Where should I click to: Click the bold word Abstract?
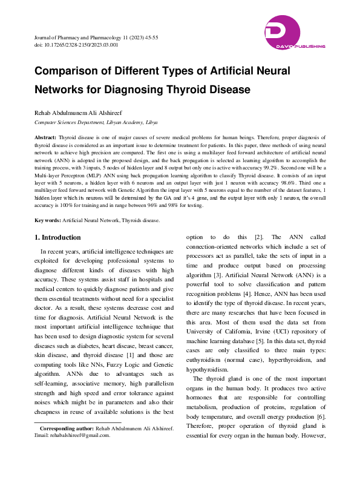pyautogui.click(x=45, y=139)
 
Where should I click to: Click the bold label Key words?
pyautogui.click(x=47, y=203)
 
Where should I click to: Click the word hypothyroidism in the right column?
pyautogui.click(x=208, y=369)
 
